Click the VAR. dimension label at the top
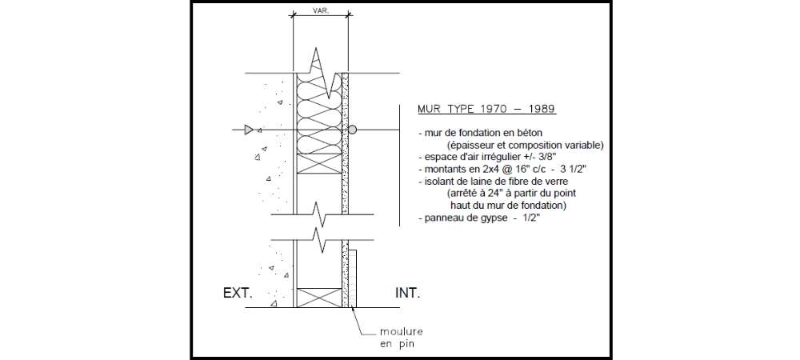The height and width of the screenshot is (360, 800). pos(321,10)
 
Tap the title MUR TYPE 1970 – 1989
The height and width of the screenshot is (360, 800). pos(486,109)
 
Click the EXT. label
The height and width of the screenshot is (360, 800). pos(238,294)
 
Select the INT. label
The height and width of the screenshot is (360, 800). pos(408,294)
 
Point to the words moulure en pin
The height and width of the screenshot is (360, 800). pos(401,338)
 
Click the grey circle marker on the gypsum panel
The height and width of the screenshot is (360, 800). pos(352,130)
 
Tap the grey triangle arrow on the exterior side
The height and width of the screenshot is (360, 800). pos(249,130)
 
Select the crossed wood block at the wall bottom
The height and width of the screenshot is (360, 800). pos(319,298)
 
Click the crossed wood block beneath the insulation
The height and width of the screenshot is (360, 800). pos(319,163)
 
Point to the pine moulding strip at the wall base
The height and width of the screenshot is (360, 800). pos(353,278)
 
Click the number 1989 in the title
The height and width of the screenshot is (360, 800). pos(542,109)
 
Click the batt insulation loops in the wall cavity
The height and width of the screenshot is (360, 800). pos(319,114)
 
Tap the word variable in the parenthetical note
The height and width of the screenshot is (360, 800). pos(586,145)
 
